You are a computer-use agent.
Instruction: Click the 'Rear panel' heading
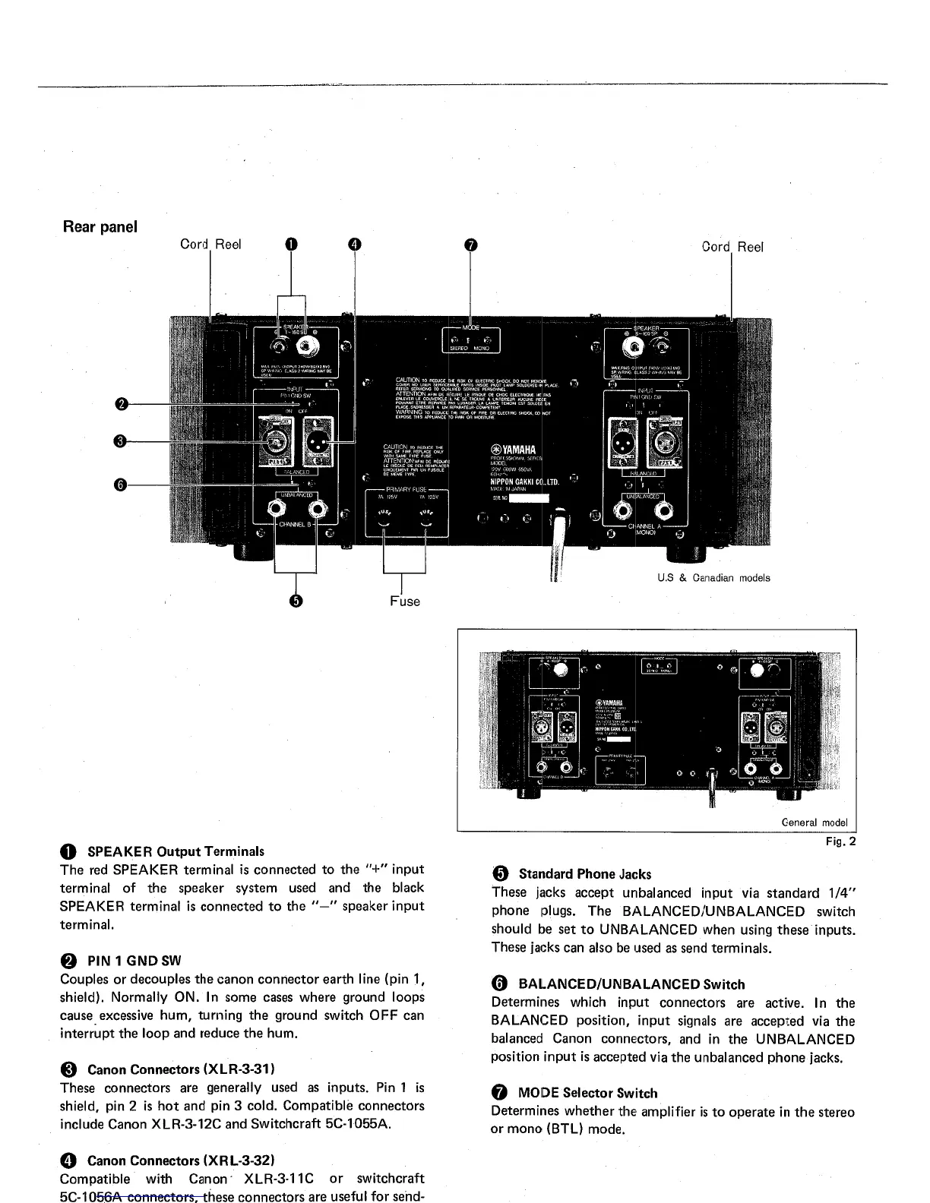[x=100, y=227]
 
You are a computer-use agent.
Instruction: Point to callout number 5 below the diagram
[x=296, y=601]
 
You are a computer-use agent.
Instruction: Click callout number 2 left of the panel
[x=121, y=403]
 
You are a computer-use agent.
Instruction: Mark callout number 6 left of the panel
[x=121, y=485]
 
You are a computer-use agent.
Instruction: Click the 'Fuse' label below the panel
[x=404, y=601]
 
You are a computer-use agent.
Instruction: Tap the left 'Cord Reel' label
[x=210, y=244]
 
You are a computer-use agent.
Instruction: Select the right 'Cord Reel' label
[x=732, y=247]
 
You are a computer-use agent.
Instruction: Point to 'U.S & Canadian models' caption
[x=713, y=578]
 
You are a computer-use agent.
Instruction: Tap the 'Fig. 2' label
[x=840, y=841]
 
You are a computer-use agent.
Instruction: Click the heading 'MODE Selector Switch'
[x=587, y=1093]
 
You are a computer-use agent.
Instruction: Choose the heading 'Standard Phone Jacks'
[x=584, y=874]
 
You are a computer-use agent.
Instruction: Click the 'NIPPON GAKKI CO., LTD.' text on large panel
[x=525, y=482]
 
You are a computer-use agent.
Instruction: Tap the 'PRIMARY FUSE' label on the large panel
[x=406, y=489]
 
